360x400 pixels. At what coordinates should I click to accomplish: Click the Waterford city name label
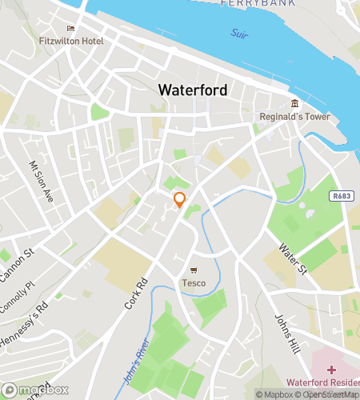[x=193, y=90]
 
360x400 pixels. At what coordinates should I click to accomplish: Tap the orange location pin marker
[x=180, y=201]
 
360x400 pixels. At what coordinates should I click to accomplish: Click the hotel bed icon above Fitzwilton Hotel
[x=70, y=28]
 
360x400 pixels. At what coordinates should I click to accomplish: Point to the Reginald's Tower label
[x=295, y=115]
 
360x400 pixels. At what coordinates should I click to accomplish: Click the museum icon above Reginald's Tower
[x=295, y=103]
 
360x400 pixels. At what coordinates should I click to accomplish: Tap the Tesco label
[x=194, y=282]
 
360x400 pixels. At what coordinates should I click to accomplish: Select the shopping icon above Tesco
[x=194, y=270]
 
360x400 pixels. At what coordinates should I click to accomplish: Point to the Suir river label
[x=238, y=34]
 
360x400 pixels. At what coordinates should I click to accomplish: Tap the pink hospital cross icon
[x=332, y=370]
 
